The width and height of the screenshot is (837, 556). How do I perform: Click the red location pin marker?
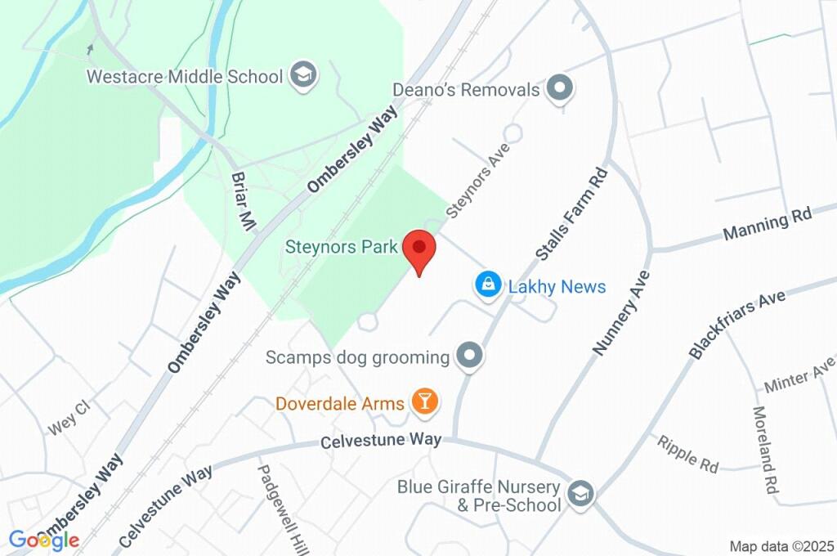(x=419, y=248)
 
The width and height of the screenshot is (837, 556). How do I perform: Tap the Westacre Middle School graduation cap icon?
(x=306, y=76)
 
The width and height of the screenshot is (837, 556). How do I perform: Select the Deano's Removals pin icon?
(x=560, y=88)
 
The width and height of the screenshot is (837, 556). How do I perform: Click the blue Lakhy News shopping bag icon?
(x=488, y=285)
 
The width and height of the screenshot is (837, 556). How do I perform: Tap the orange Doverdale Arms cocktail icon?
(x=425, y=401)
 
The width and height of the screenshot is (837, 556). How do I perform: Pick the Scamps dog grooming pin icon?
(x=470, y=356)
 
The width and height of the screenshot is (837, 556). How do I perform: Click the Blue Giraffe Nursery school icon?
(x=582, y=494)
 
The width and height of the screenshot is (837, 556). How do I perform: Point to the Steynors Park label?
(x=342, y=246)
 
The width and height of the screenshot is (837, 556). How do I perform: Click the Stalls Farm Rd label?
(x=572, y=214)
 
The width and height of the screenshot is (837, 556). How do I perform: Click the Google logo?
(x=44, y=540)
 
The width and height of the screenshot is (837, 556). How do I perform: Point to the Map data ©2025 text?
(x=781, y=545)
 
